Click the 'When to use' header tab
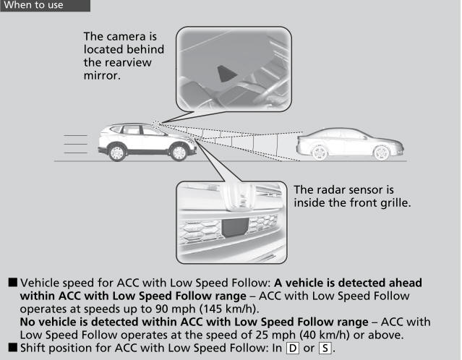46,5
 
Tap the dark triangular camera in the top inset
226,74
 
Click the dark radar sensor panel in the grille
235,227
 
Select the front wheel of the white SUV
179,152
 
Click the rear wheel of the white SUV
117,153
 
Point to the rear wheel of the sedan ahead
320,152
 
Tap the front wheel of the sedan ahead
382,153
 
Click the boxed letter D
293,348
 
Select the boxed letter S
325,348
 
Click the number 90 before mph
162,309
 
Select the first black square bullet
13,283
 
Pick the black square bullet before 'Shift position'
13,348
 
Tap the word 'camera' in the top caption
127,37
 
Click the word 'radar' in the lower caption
331,190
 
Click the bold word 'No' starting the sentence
27,322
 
